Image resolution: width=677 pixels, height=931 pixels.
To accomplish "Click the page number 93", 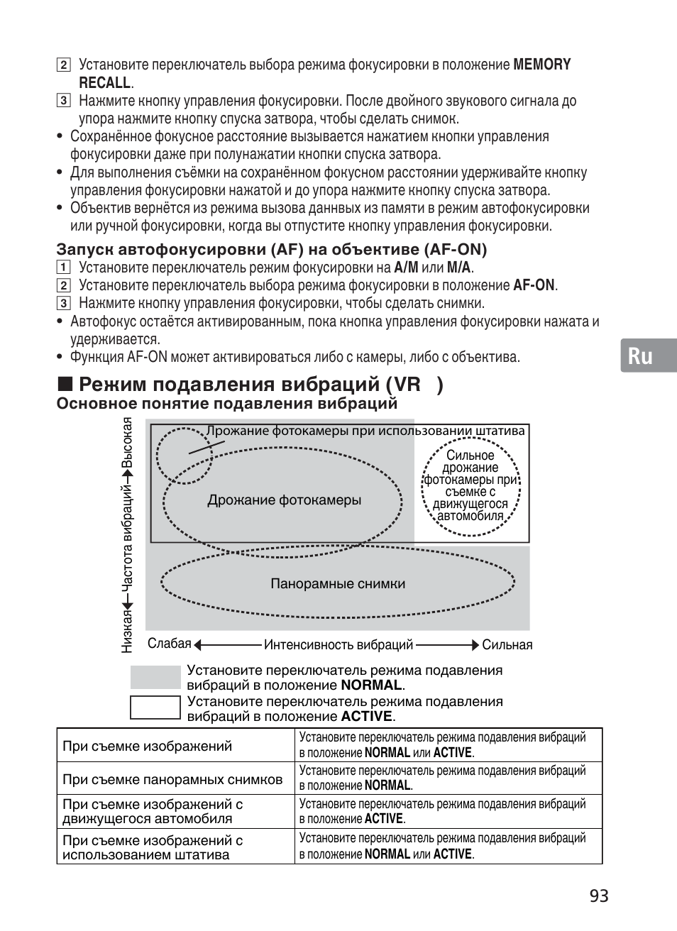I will tap(598, 896).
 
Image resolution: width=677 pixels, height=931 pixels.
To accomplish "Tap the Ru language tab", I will tap(640, 356).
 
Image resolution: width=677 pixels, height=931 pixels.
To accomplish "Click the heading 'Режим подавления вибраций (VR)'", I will tap(261, 385).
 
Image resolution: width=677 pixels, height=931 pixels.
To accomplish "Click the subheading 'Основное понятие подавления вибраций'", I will tap(226, 404).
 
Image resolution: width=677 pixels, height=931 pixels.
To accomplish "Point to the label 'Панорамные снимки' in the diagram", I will tap(338, 584).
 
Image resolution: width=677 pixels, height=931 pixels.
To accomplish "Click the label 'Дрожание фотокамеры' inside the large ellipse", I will tap(284, 500).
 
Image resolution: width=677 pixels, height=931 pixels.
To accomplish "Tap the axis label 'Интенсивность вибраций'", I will tap(338, 645).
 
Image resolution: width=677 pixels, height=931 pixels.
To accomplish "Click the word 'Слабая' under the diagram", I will tap(170, 644).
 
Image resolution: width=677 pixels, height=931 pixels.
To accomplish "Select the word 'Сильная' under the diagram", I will tap(507, 645).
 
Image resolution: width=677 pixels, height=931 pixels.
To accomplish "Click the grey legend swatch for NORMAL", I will tap(155, 677).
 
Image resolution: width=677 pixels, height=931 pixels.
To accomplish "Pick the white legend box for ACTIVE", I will tap(155, 707).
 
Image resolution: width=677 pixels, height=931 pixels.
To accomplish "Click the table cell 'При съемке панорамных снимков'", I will tap(172, 779).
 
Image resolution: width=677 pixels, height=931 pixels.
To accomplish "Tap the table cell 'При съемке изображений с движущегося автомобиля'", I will tap(153, 811).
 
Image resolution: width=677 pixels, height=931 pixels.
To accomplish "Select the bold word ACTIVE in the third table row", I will tap(384, 819).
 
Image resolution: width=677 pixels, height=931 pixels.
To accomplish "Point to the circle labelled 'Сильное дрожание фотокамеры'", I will tap(470, 485).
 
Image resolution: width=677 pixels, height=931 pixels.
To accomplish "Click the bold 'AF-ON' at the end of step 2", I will tap(534, 286).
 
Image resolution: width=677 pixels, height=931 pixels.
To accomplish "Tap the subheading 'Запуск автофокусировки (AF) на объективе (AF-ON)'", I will tap(272, 249).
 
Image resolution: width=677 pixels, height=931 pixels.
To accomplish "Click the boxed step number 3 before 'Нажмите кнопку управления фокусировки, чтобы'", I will tap(64, 304).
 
